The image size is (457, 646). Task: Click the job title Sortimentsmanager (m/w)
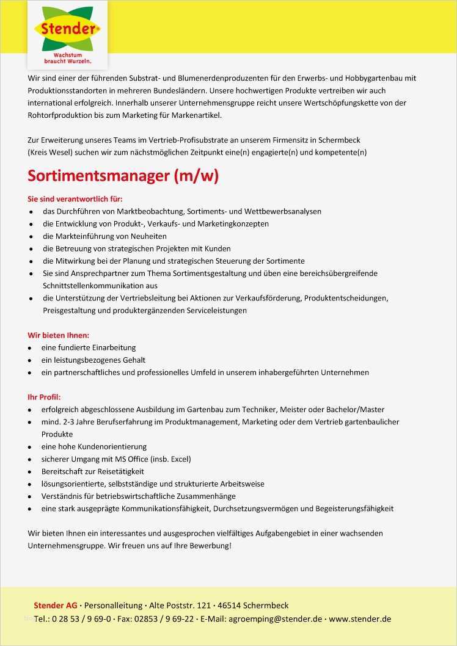(x=123, y=176)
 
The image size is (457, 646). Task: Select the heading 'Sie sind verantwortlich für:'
(x=75, y=199)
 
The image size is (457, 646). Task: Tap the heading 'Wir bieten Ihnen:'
(x=58, y=335)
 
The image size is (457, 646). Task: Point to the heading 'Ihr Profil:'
(x=44, y=397)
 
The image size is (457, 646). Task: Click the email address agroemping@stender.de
(x=275, y=619)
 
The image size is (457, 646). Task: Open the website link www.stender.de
(x=360, y=619)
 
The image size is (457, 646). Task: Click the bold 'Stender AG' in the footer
(x=55, y=605)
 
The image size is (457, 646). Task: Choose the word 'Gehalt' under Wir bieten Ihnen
(x=134, y=360)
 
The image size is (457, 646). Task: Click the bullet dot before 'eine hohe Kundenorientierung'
(x=31, y=447)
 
